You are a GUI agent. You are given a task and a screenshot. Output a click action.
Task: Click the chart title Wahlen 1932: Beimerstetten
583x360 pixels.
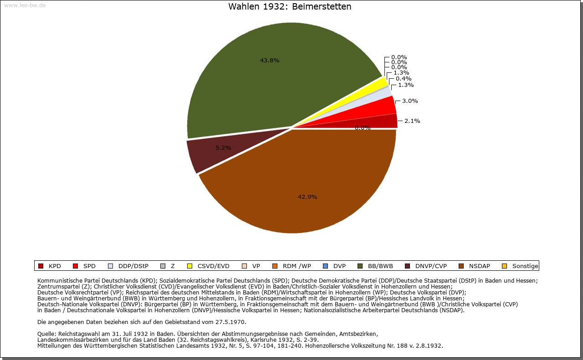click(290, 7)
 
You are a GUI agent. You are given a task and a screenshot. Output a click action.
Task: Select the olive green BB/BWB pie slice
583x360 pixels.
click(255, 86)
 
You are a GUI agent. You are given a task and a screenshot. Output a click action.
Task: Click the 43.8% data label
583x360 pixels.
click(270, 60)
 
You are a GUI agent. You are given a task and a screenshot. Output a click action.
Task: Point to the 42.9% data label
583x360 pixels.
click(307, 197)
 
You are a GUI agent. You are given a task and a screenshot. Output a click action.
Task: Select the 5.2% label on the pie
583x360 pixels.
click(223, 148)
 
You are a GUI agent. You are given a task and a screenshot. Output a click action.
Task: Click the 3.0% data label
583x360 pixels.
click(410, 101)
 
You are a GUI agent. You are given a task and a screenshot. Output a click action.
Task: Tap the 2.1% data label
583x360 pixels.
click(412, 121)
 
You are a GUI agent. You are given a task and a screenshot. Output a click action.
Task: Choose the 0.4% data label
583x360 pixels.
click(404, 79)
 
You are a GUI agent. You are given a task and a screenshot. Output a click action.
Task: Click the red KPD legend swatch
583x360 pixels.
click(41, 266)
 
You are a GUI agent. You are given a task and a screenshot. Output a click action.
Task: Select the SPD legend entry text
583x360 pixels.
click(89, 266)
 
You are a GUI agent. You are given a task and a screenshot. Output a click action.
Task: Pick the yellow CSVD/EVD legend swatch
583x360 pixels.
click(189, 266)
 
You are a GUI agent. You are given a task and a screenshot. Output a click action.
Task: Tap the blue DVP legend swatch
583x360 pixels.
click(325, 266)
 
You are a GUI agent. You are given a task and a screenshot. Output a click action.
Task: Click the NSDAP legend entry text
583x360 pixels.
click(479, 266)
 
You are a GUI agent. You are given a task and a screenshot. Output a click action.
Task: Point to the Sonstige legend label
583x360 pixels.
click(525, 266)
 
